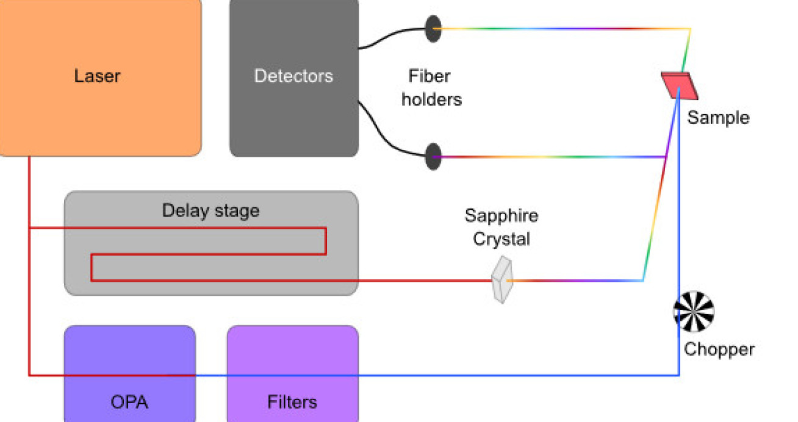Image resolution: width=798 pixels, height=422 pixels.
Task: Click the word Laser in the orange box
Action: [x=97, y=76]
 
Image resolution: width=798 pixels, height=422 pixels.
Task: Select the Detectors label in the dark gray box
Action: [x=293, y=76]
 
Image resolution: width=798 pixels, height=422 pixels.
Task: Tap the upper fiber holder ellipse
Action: [x=433, y=28]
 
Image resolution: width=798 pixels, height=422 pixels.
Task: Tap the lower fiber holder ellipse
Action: [x=433, y=157]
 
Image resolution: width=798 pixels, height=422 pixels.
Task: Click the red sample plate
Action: [x=679, y=85]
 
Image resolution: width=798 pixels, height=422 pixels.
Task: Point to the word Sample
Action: [x=718, y=117]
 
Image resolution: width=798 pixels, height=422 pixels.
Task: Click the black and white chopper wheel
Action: [x=694, y=312]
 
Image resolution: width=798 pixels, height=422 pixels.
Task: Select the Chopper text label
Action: [x=719, y=349]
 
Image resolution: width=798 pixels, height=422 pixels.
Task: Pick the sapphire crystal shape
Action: [x=502, y=281]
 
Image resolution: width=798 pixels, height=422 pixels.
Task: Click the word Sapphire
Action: [x=501, y=215]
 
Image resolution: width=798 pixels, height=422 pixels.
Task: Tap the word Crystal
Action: [x=501, y=239]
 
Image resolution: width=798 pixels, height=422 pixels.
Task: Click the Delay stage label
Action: [x=210, y=211]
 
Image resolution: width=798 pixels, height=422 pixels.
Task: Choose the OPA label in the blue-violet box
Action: [x=129, y=402]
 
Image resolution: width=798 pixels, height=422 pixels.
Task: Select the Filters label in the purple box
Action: [x=292, y=402]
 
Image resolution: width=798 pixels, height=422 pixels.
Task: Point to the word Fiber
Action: [x=430, y=76]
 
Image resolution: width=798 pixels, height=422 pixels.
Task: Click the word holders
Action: [x=431, y=99]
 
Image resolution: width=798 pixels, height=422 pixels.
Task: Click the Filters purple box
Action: [x=292, y=354]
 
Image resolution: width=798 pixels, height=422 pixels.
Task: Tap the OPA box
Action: [x=129, y=354]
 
